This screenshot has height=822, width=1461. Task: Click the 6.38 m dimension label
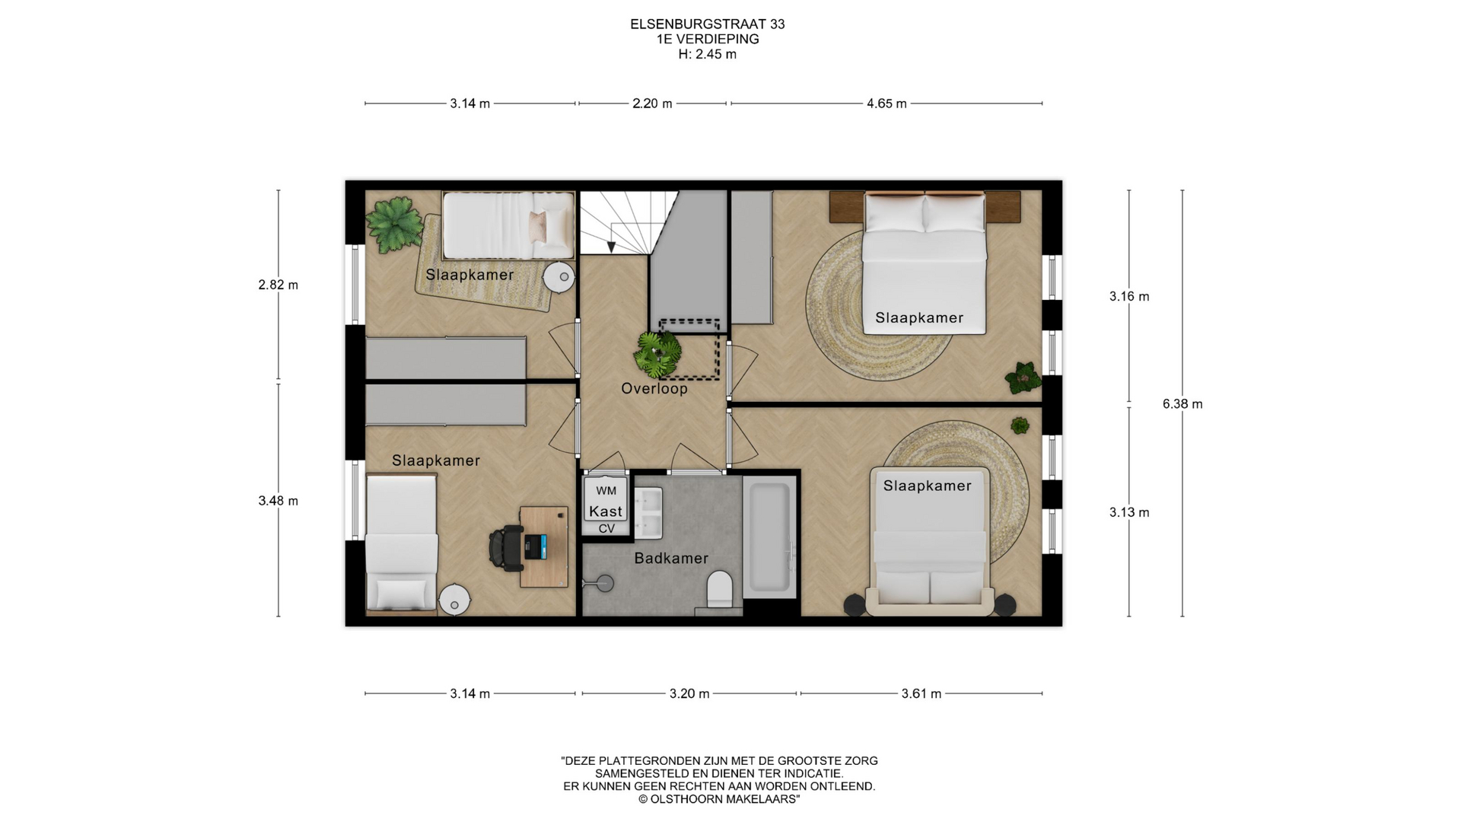pos(1182,404)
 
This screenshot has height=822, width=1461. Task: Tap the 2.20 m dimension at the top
pos(652,104)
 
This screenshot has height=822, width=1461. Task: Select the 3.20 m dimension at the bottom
pos(689,694)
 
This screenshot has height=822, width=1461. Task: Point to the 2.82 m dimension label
pos(278,285)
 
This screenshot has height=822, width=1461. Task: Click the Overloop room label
pos(654,389)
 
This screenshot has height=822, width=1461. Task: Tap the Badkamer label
pos(671,559)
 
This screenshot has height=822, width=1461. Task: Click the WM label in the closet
pos(606,491)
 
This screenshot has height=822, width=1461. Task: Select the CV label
pos(606,529)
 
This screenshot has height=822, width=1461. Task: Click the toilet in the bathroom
pos(719,591)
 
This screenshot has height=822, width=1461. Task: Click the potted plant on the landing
pos(658,352)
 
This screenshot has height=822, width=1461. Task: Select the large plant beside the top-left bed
pos(393,225)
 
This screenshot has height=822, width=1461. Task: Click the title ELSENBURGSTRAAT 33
pos(708,24)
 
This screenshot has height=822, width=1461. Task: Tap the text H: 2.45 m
pos(708,55)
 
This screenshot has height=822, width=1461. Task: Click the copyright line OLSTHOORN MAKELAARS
pos(719,800)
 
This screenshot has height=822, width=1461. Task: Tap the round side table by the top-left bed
pos(559,277)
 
